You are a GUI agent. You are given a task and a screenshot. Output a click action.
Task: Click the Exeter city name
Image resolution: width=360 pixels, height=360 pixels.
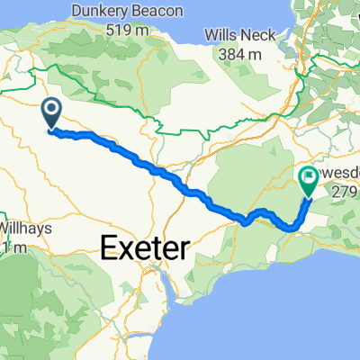145,246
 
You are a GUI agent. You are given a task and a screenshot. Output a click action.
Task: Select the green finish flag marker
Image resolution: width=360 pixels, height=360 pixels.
309,181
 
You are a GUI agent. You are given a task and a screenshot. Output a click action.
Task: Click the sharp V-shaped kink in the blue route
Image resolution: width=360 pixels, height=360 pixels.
244,221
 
